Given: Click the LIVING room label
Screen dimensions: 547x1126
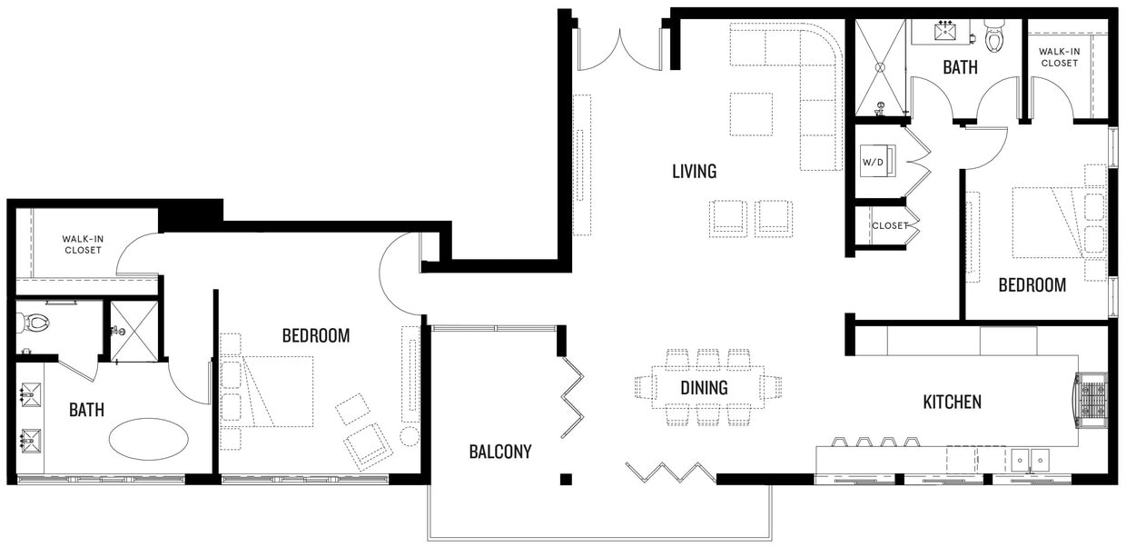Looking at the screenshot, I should pyautogui.click(x=694, y=171).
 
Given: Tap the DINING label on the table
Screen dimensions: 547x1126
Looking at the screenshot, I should pyautogui.click(x=704, y=388).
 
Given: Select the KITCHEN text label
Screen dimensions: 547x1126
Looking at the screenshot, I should pyautogui.click(x=952, y=402).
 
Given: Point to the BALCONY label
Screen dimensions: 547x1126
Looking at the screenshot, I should pyautogui.click(x=500, y=452).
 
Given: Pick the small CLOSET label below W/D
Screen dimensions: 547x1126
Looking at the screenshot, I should pyautogui.click(x=889, y=226).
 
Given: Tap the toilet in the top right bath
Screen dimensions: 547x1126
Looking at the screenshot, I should pyautogui.click(x=994, y=37).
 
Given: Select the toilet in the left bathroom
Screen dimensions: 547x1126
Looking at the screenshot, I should pyautogui.click(x=37, y=322).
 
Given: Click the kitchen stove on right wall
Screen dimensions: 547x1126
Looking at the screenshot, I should pyautogui.click(x=1091, y=401).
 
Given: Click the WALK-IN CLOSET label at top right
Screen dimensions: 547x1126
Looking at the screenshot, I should pyautogui.click(x=1059, y=57).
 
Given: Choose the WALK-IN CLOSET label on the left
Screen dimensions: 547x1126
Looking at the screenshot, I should pyautogui.click(x=83, y=244).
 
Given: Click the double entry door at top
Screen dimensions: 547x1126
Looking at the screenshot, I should pyautogui.click(x=620, y=50).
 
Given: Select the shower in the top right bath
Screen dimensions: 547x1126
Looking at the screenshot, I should pyautogui.click(x=880, y=66).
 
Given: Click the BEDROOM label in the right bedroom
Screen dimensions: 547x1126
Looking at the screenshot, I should pyautogui.click(x=1032, y=285).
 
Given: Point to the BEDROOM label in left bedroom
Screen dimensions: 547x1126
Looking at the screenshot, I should pyautogui.click(x=315, y=336).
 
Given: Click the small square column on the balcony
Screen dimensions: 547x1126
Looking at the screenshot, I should pyautogui.click(x=566, y=479).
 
